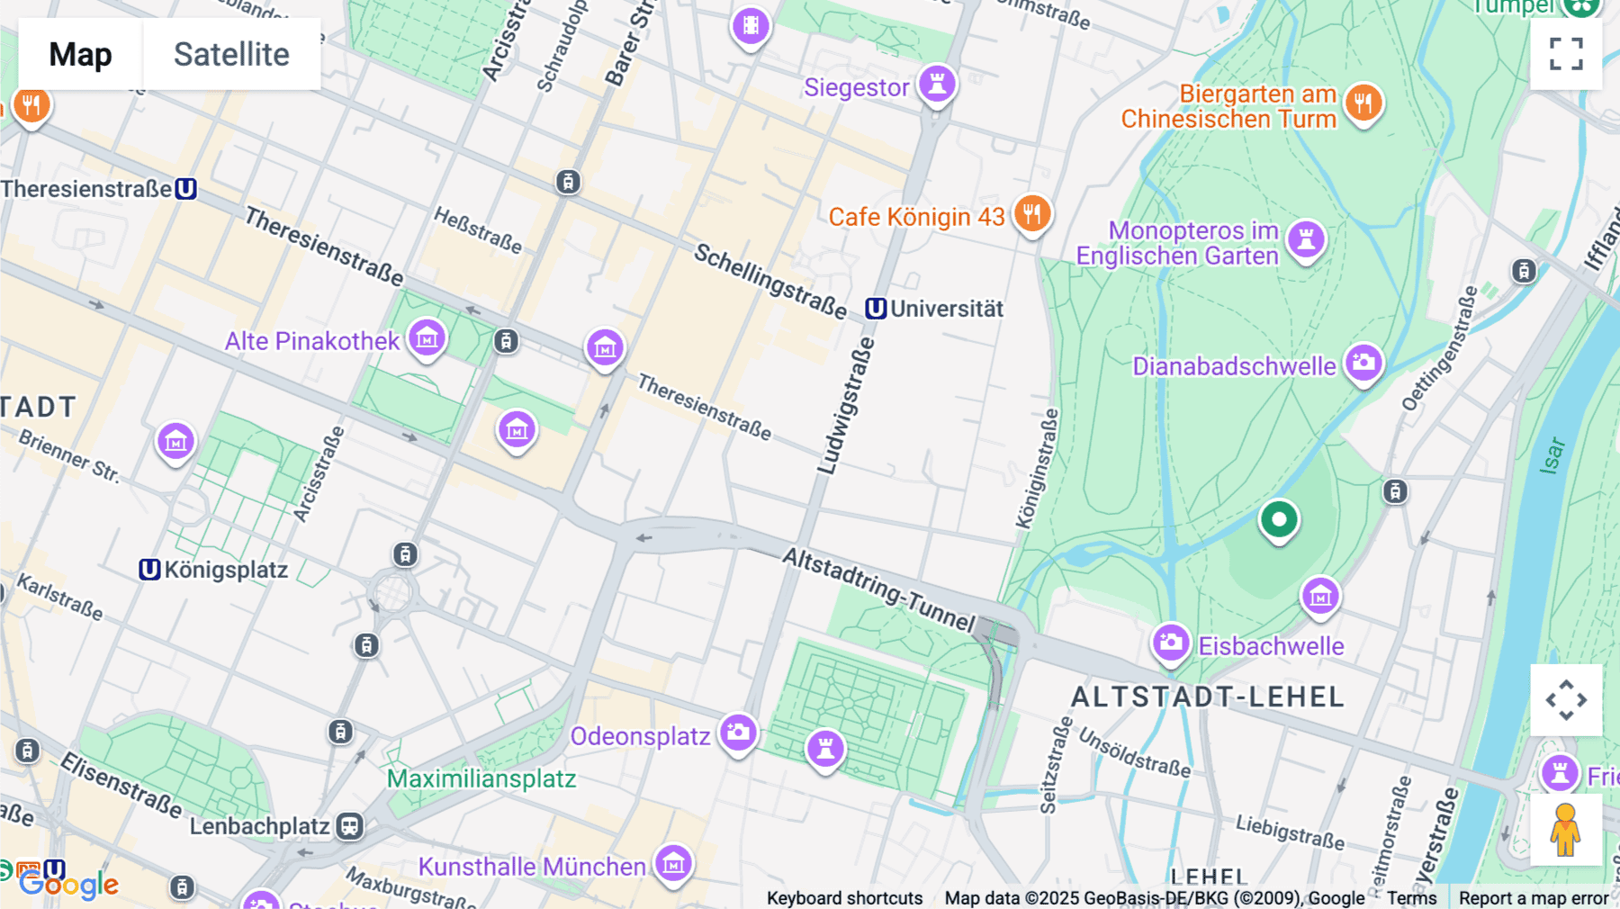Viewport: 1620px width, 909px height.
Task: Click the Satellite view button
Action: pos(231,54)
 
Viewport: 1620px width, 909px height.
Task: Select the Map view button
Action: pos(80,54)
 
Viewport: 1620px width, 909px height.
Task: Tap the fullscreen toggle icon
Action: pos(1566,54)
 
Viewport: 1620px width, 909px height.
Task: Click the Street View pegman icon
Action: pos(1566,830)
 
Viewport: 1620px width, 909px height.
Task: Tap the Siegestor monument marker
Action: pos(937,84)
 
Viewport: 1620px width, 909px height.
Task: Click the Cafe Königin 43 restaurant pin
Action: pos(1032,214)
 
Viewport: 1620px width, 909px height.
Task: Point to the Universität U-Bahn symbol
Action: pos(876,309)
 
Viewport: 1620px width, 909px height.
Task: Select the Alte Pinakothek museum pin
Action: pos(427,338)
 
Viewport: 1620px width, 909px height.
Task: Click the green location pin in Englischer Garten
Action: pos(1278,519)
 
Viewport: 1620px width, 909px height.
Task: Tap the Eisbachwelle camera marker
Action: pos(1171,643)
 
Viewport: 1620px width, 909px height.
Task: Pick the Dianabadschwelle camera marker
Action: pos(1363,363)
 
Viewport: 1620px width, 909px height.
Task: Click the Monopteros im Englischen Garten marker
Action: pos(1306,239)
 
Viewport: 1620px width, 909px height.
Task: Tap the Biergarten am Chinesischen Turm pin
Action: pos(1363,103)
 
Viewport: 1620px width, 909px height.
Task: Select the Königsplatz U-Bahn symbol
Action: pos(149,570)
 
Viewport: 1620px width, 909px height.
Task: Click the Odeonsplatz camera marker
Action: pos(738,732)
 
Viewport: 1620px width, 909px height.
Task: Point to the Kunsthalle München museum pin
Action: pos(673,864)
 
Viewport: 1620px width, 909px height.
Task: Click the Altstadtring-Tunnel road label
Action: pos(878,589)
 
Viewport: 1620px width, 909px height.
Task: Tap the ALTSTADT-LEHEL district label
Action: pos(1207,697)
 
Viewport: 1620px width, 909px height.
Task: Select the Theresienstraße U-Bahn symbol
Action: pos(185,189)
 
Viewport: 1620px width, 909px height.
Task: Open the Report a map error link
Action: pos(1533,897)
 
